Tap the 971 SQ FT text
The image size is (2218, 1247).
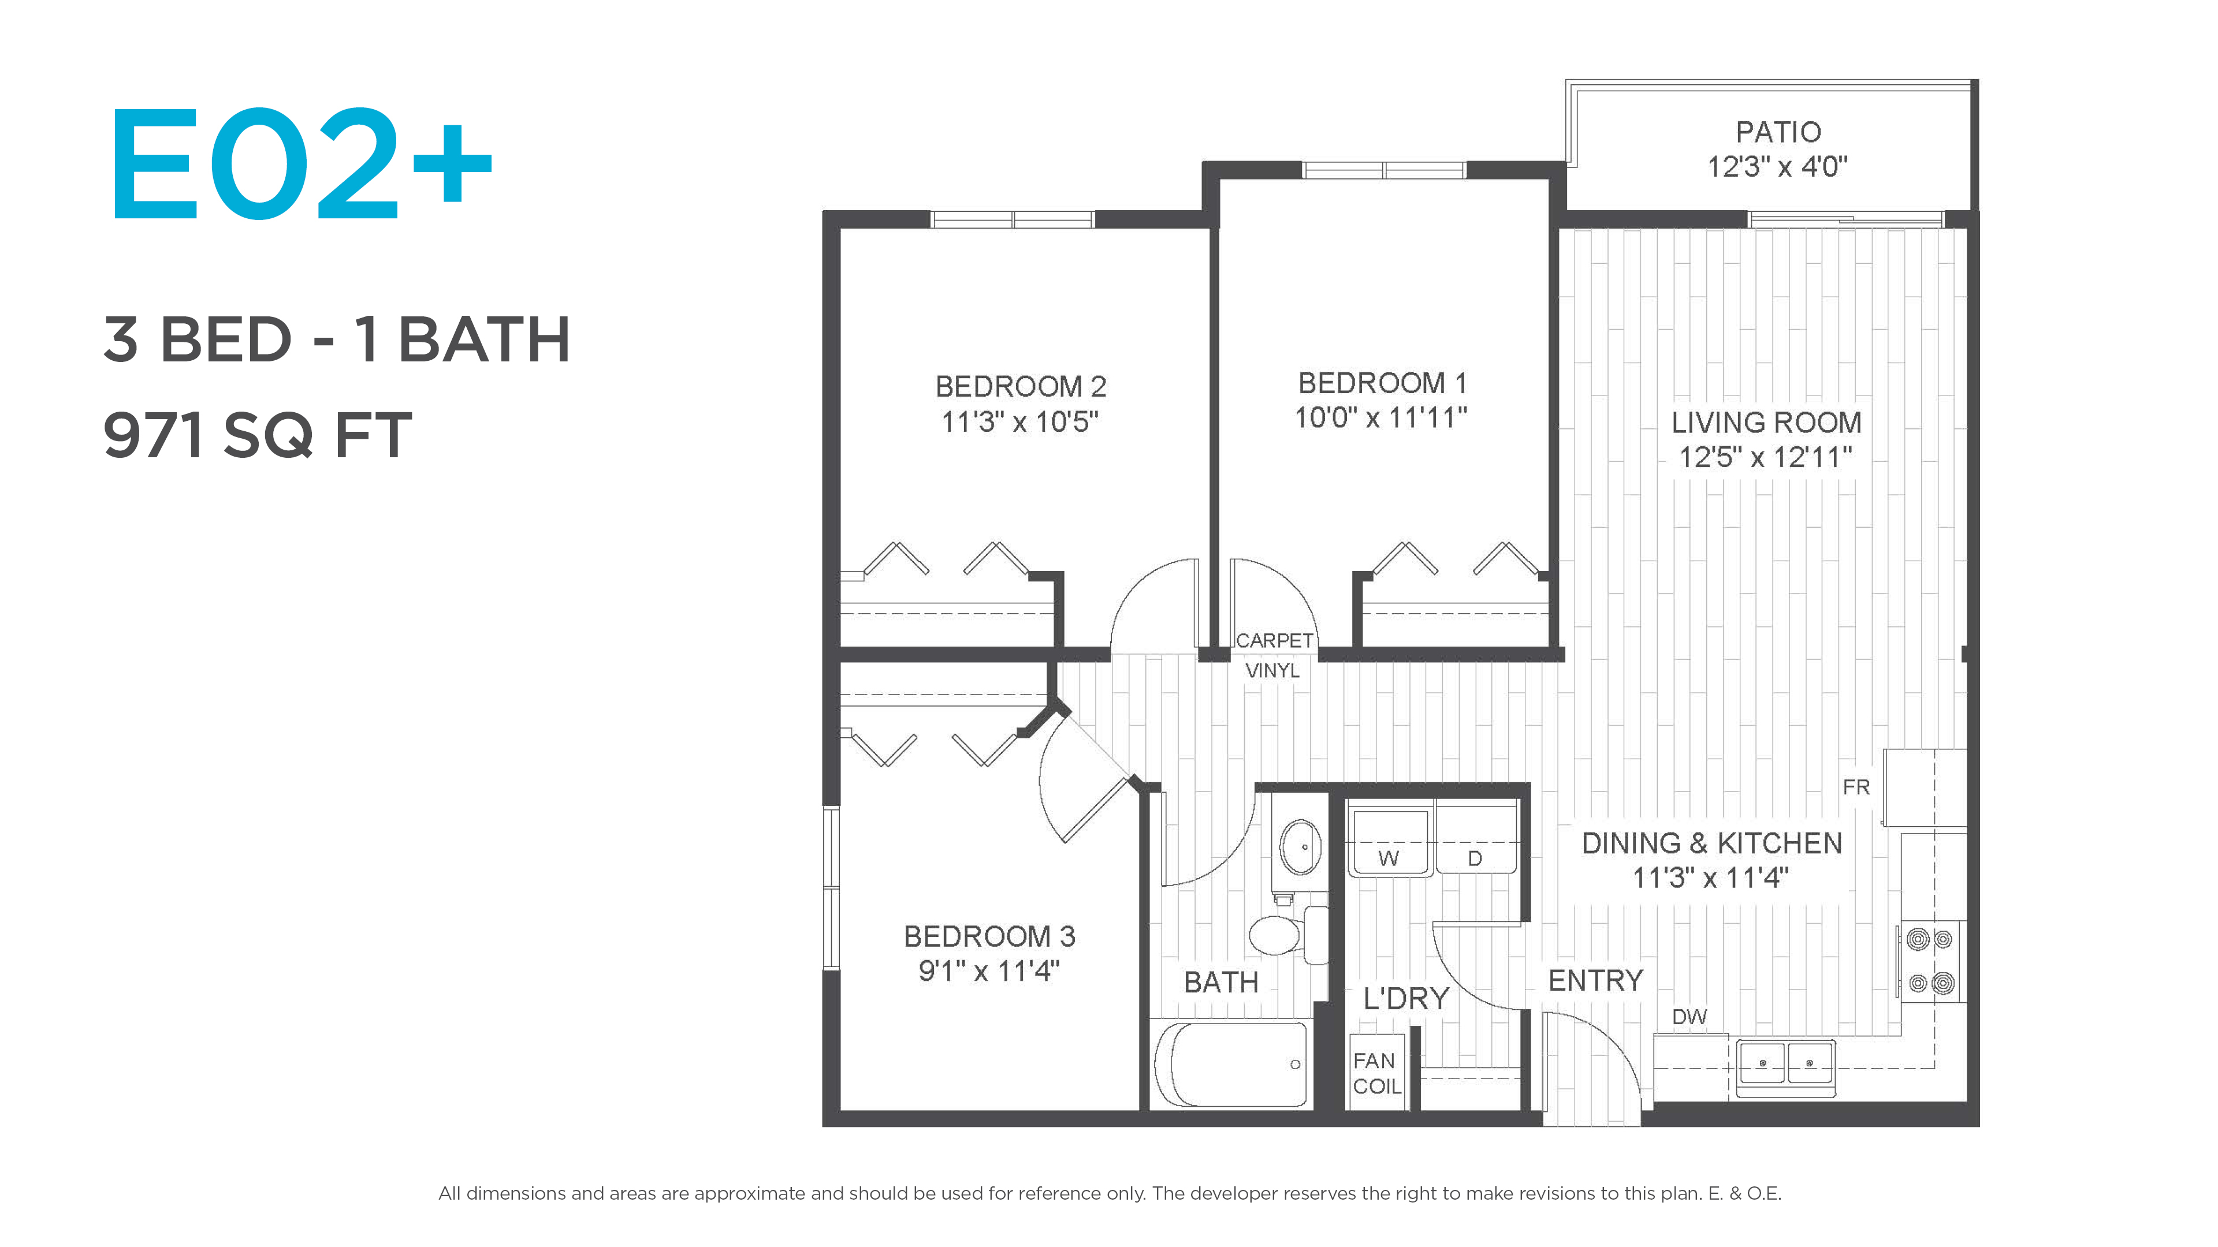click(258, 435)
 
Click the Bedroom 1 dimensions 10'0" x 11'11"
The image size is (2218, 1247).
click(1381, 418)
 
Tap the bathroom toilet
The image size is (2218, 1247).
click(1288, 935)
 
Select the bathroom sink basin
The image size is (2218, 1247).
click(1300, 847)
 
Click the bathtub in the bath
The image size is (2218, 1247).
click(1231, 1065)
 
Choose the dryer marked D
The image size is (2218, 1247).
click(1476, 838)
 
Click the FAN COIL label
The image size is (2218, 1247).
click(1376, 1073)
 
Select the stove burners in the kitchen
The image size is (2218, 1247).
click(1930, 961)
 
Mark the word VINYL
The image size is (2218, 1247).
click(1272, 670)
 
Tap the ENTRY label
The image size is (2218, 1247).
click(1595, 980)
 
